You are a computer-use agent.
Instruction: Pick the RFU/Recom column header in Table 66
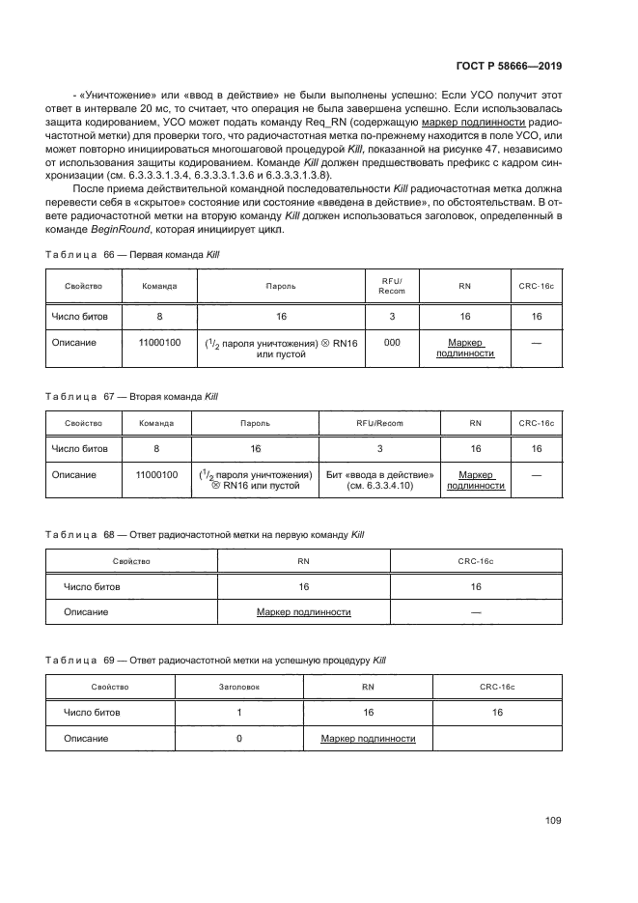(392, 286)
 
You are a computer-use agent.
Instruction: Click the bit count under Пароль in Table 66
(281, 316)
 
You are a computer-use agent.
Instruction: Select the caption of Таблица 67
(133, 396)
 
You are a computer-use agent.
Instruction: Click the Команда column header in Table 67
(156, 423)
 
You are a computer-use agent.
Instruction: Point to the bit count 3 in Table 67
(379, 449)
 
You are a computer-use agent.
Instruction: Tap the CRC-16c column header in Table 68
(476, 560)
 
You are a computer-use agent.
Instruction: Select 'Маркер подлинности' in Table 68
(303, 612)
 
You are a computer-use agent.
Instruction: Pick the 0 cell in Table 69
(238, 739)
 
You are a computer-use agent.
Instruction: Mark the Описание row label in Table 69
(86, 739)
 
